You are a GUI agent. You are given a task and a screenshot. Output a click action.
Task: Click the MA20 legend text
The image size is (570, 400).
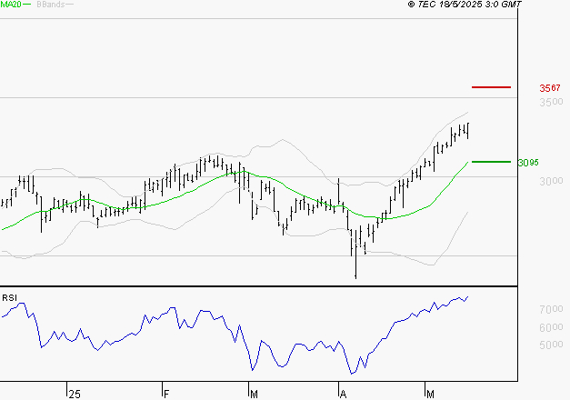11,5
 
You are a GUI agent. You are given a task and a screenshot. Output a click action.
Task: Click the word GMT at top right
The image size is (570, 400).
512,5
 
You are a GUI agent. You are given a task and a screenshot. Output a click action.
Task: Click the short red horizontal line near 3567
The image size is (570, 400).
492,87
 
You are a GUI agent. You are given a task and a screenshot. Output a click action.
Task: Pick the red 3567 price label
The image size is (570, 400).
550,88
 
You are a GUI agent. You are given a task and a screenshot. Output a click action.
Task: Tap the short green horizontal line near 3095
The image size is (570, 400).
492,162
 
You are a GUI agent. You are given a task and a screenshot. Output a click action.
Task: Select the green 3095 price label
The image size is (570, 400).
528,163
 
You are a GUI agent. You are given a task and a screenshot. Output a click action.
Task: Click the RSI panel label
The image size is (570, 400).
9,298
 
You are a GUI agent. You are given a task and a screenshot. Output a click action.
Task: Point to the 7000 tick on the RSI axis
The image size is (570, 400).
549,311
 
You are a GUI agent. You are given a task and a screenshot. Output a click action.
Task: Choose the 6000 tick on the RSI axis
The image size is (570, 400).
549,327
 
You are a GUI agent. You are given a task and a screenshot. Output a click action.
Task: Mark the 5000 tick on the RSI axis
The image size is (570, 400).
549,345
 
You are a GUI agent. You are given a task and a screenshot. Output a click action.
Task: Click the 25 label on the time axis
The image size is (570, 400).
75,394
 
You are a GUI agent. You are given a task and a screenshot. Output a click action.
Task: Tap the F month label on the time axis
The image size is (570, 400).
166,394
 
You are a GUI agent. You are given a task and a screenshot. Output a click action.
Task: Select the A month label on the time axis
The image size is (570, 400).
343,394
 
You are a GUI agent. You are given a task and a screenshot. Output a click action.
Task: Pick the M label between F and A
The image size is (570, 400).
253,394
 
